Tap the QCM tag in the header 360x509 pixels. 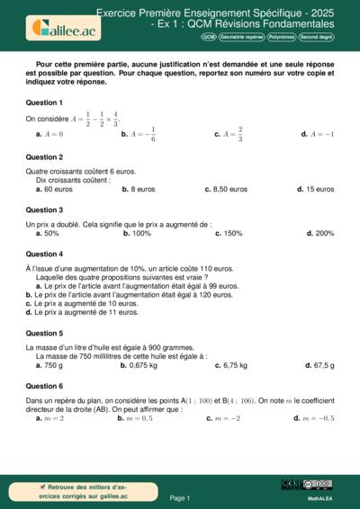tap(209, 37)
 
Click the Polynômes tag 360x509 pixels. tap(282, 37)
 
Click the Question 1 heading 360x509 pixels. tap(44, 103)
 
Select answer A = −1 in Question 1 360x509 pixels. tap(322, 134)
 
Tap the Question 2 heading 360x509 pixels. tap(44, 156)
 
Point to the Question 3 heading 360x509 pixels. tap(44, 210)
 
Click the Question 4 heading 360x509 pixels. tap(44, 254)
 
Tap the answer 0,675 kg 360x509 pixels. tap(140, 365)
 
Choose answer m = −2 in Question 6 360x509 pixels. tap(226, 418)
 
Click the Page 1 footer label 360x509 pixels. tap(180, 497)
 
